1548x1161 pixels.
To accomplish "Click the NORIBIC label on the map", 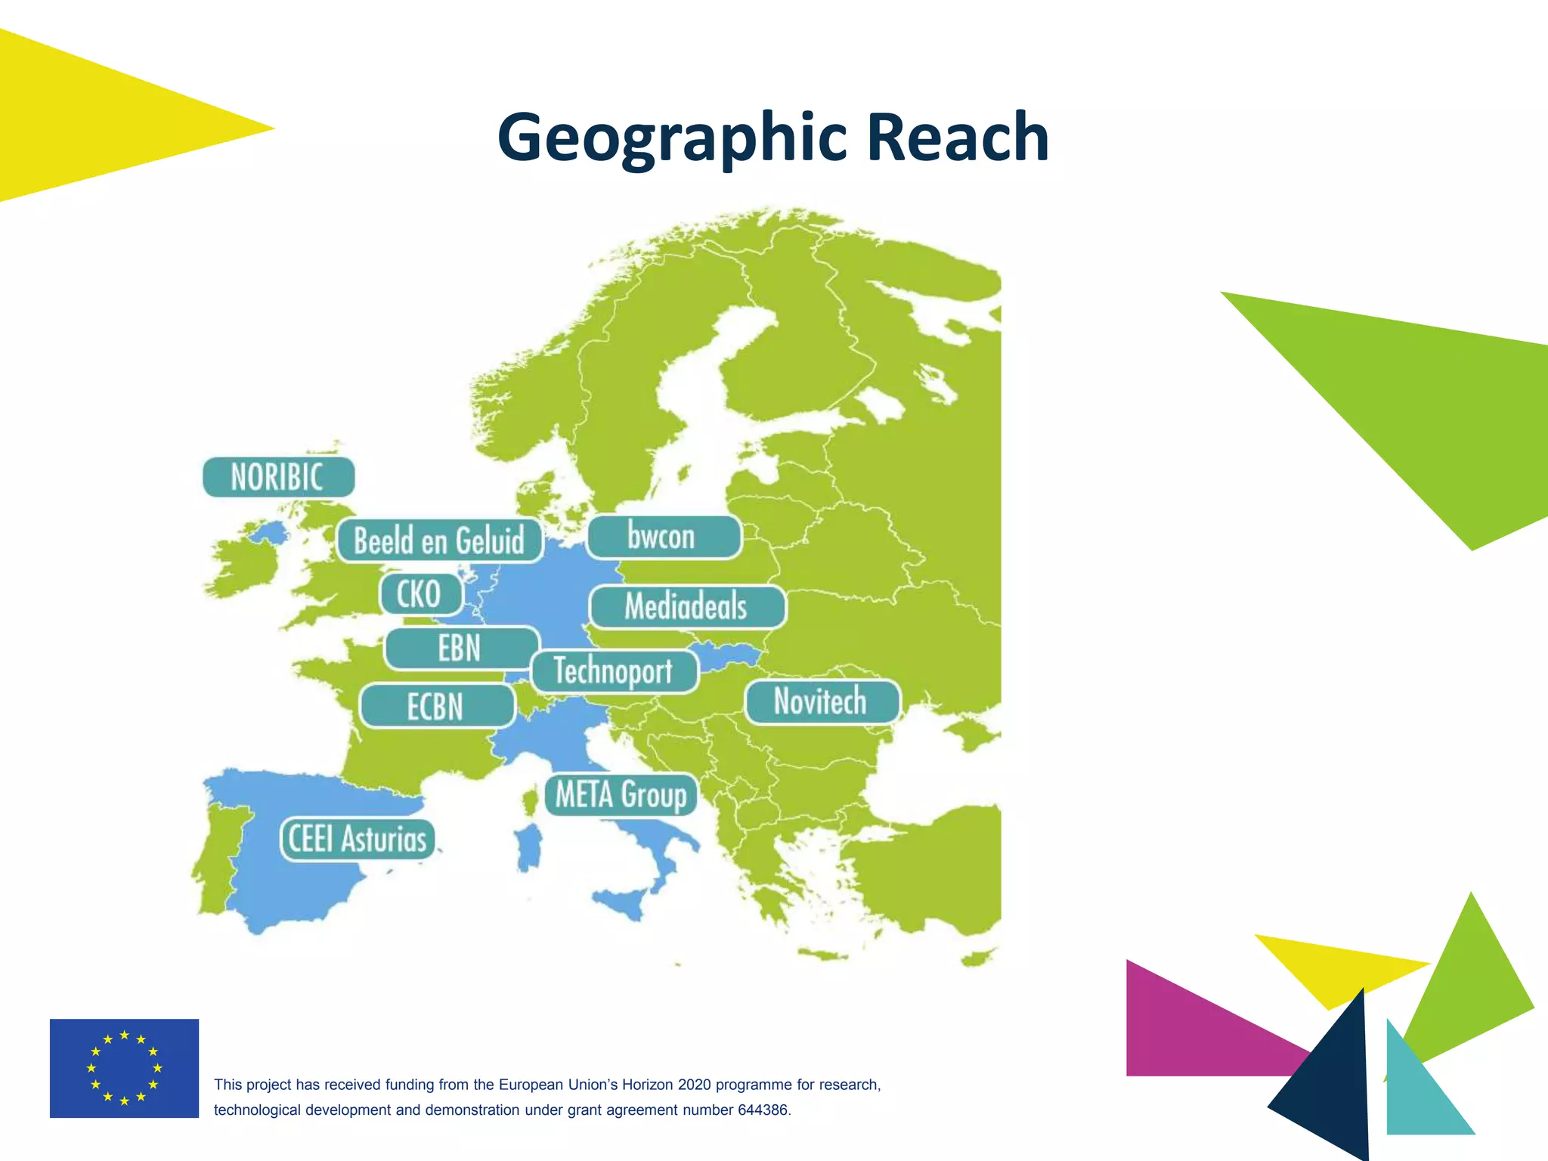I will [x=278, y=477].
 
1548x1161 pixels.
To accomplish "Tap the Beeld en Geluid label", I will [x=439, y=540].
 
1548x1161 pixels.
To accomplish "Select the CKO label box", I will [x=420, y=594].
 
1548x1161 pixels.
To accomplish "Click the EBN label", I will [x=461, y=649].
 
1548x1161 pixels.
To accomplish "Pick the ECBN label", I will [x=437, y=707].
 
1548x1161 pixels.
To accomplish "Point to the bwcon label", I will [x=663, y=537].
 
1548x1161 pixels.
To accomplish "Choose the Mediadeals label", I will [x=686, y=607].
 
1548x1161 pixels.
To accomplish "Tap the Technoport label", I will [x=614, y=671].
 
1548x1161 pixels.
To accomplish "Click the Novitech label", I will [x=822, y=701].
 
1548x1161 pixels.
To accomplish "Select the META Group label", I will [x=621, y=795].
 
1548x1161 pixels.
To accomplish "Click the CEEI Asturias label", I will [x=358, y=839].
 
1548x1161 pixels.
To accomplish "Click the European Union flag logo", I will [x=124, y=1068].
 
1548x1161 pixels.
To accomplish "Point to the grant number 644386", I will [x=763, y=1110].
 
